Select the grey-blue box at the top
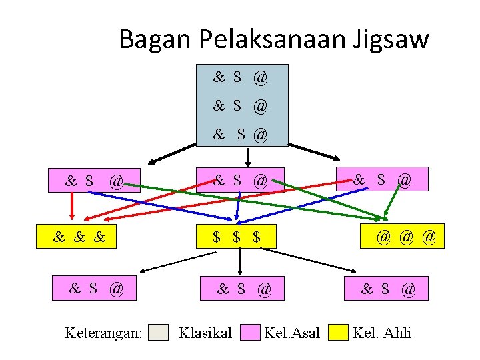242,105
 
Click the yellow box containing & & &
76,237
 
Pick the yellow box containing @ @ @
402,237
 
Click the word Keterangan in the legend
104,332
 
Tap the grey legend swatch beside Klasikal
158,332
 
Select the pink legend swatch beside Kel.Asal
250,332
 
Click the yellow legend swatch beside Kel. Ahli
339,332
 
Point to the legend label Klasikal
205,332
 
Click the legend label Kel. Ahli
382,332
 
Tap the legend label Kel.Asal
292,332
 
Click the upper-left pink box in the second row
94,180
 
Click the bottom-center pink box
241,289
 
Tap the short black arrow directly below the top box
248,157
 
